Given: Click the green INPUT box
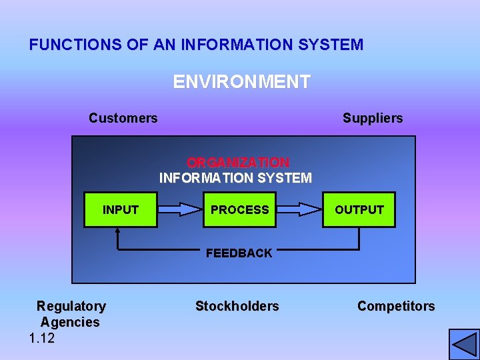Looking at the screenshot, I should (x=120, y=210).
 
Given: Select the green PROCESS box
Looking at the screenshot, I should (x=239, y=210).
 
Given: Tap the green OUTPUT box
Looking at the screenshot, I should (x=359, y=210).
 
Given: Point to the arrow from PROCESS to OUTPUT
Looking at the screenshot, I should (x=299, y=209).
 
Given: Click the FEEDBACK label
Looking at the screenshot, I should (x=239, y=253).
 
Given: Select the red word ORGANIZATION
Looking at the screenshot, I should (x=238, y=163).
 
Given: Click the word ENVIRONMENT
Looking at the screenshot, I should (x=241, y=82).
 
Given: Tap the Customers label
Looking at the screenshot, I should (x=123, y=119).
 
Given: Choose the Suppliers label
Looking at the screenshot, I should (x=373, y=119).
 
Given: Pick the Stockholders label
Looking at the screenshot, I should (x=237, y=307).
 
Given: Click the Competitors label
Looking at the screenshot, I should (x=396, y=307).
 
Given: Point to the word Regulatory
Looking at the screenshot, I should (x=71, y=307).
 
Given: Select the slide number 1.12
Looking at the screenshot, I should (x=42, y=339).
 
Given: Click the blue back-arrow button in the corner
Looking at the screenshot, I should (x=464, y=345).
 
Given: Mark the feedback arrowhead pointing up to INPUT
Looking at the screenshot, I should (x=117, y=232).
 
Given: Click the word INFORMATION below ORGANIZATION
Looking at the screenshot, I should (x=207, y=178).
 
